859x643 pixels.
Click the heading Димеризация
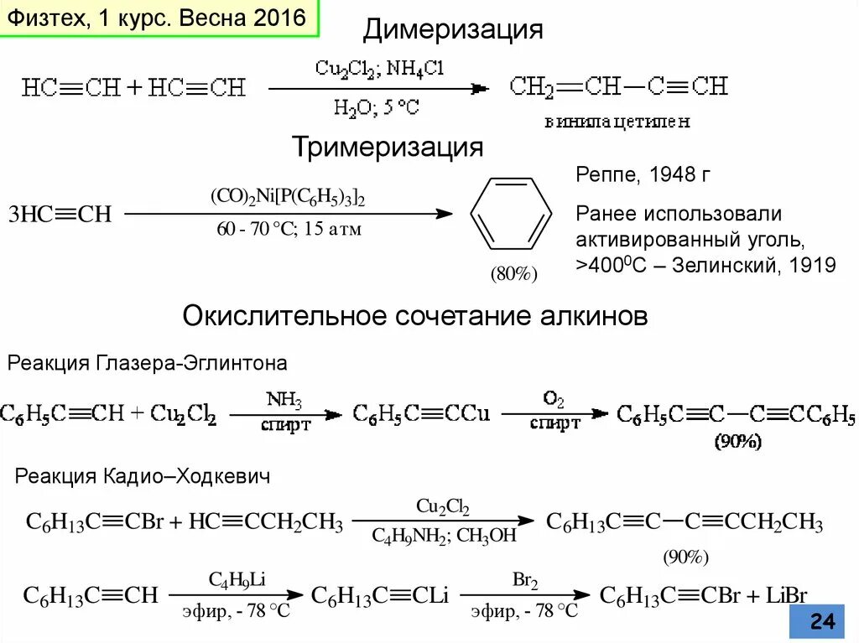(453, 30)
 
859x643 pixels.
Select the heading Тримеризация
(388, 148)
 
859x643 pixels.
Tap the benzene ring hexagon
(510, 215)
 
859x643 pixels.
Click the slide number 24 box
(822, 621)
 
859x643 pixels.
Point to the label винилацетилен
(617, 122)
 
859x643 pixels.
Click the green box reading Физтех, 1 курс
(159, 19)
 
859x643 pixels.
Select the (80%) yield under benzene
(513, 274)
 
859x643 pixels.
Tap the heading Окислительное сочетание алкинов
(415, 317)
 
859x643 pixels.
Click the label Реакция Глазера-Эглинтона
(148, 364)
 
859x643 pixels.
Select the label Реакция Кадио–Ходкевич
(143, 477)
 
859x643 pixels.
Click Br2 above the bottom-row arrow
(525, 580)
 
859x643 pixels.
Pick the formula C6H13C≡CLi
(380, 596)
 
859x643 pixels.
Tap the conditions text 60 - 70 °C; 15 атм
(289, 229)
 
